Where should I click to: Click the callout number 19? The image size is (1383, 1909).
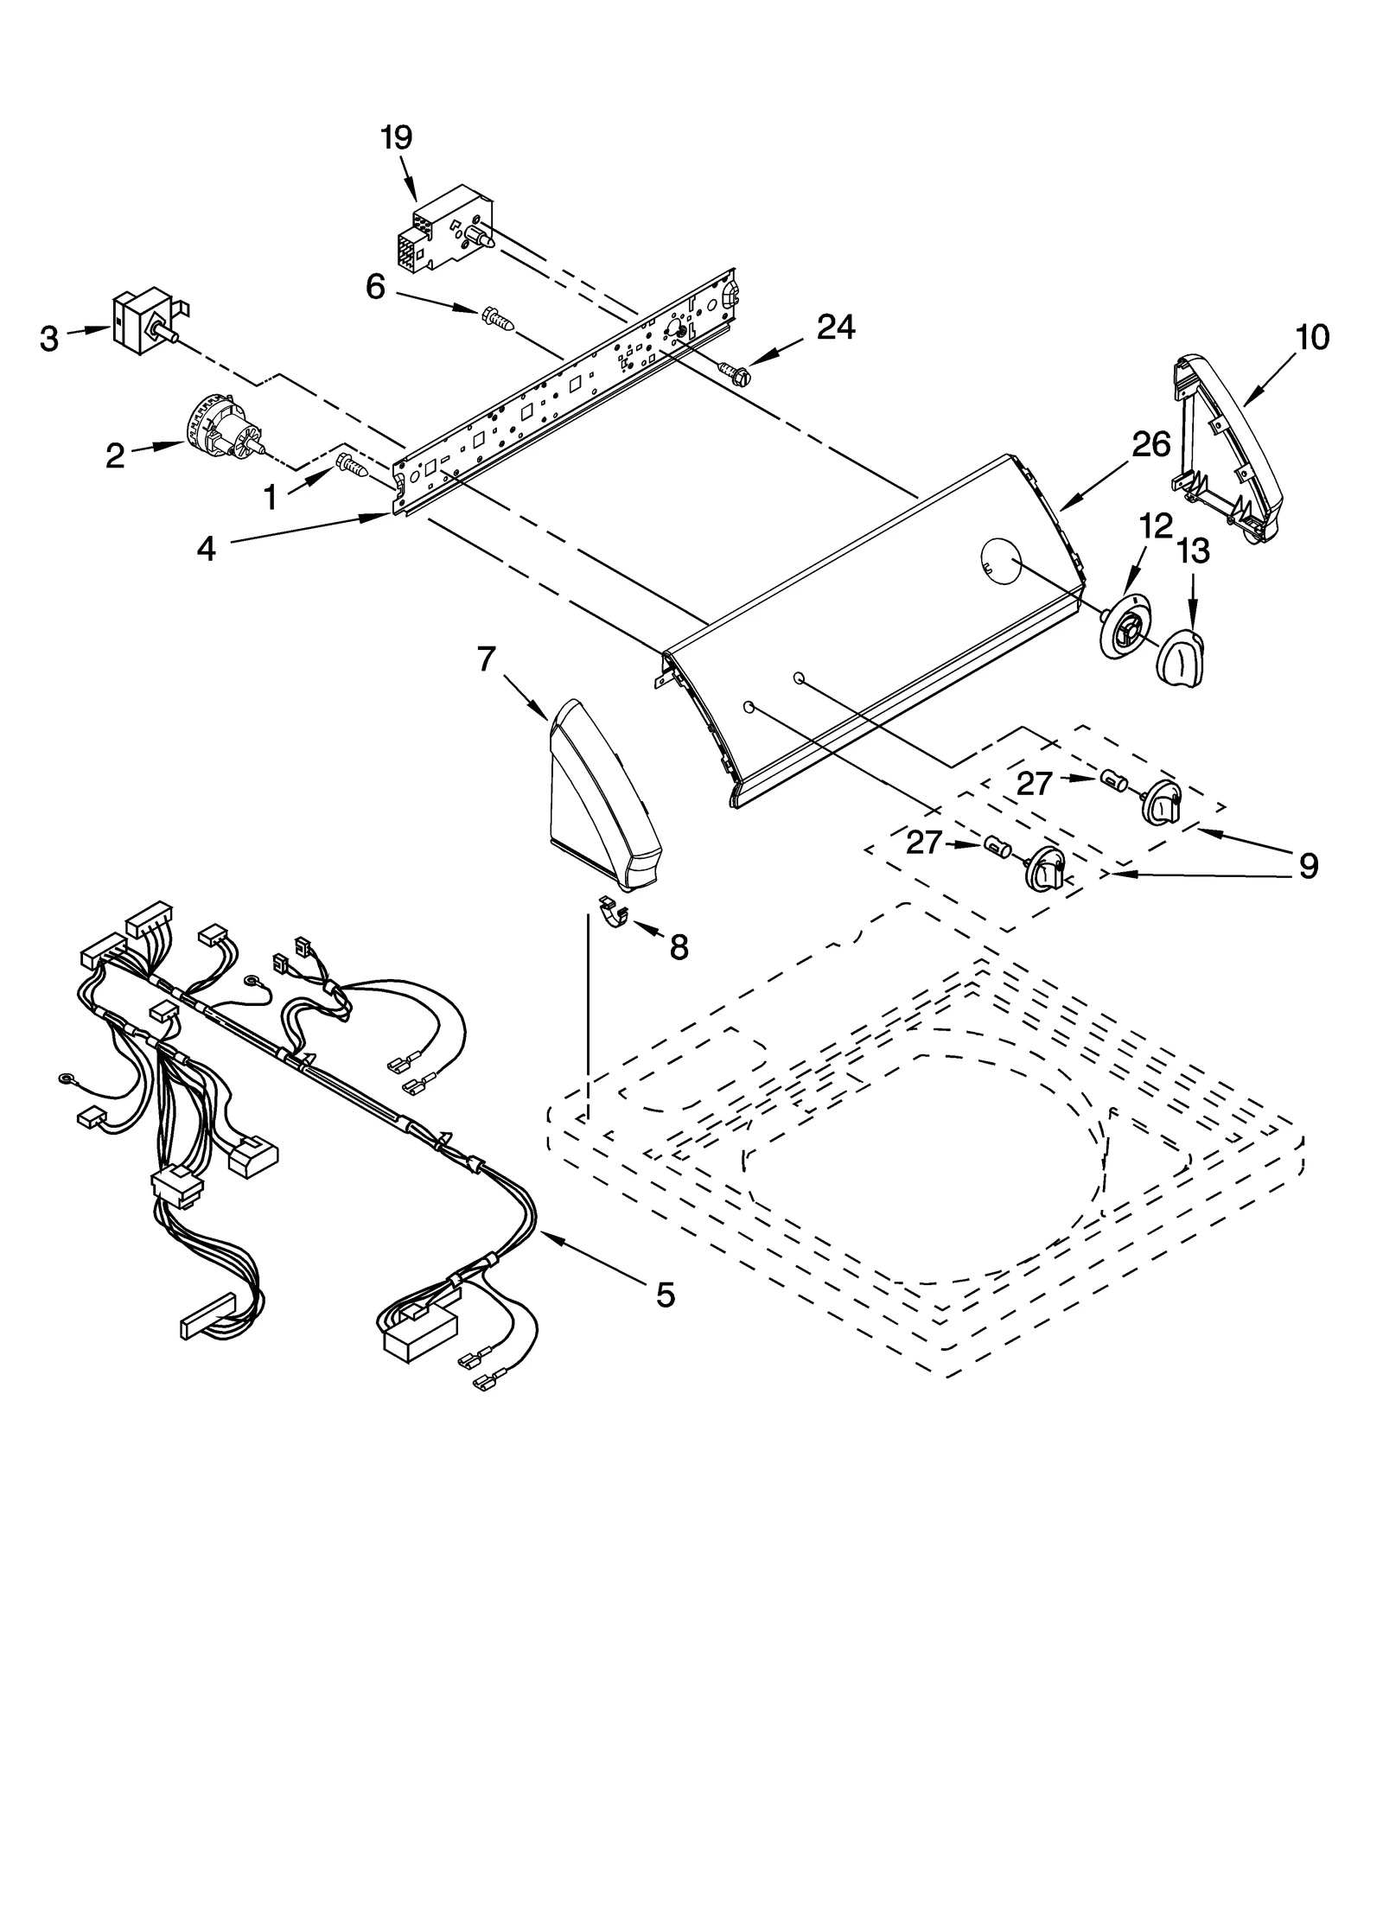pos(397,138)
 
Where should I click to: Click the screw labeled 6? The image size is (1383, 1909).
pos(500,320)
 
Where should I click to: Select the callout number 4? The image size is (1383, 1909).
pos(206,548)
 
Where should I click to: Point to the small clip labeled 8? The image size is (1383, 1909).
pos(613,914)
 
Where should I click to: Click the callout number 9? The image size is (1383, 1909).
pos(1308,864)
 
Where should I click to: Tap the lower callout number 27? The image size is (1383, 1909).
pos(923,843)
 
